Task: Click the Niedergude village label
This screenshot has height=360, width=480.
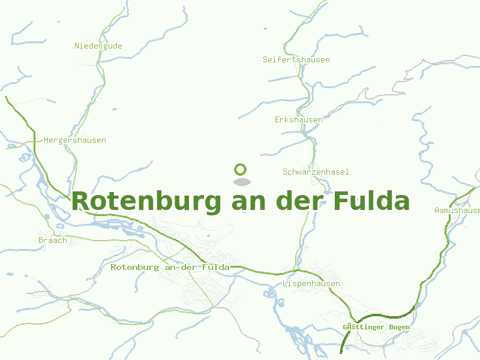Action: click(x=98, y=46)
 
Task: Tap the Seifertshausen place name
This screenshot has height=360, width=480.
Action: click(x=296, y=59)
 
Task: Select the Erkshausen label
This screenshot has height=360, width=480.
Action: click(x=299, y=119)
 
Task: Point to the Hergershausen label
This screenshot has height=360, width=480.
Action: click(x=75, y=140)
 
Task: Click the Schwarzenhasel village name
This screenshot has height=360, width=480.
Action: click(x=316, y=172)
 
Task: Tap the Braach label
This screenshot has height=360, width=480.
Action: click(x=53, y=240)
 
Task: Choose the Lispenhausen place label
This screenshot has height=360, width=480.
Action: click(x=311, y=283)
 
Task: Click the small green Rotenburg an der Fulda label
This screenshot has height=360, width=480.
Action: click(x=170, y=267)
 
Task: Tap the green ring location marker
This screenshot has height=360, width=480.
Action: click(x=241, y=169)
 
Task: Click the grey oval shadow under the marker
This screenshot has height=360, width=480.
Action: click(x=241, y=181)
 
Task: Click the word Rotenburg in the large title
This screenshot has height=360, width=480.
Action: click(x=146, y=201)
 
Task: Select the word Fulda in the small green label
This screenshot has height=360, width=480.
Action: click(x=216, y=267)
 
